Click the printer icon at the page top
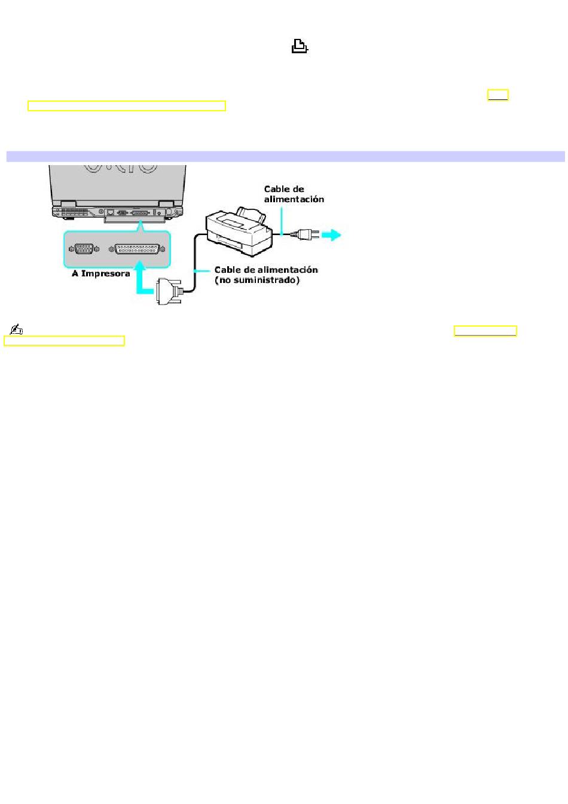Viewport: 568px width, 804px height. (x=300, y=46)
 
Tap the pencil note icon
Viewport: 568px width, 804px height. (x=17, y=329)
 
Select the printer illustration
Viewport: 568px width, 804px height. (x=239, y=232)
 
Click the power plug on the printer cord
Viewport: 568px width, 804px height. (x=305, y=234)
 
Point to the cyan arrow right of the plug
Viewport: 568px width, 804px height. (x=331, y=235)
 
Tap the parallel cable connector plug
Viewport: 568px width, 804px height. (x=169, y=291)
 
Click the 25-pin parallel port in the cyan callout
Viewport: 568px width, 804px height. (x=137, y=249)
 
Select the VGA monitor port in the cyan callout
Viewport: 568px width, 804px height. (x=84, y=249)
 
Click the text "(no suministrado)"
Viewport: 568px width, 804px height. (x=257, y=281)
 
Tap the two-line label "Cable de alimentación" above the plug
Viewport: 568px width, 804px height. (x=294, y=194)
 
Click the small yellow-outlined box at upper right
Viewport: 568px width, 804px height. (x=497, y=95)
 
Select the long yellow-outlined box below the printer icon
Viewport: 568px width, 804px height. (x=127, y=106)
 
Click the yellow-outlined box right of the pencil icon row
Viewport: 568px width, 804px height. (x=485, y=331)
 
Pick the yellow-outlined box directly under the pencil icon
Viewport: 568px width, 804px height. (x=64, y=341)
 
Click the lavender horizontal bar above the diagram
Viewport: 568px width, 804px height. (x=286, y=157)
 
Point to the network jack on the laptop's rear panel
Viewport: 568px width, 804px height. (x=111, y=212)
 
